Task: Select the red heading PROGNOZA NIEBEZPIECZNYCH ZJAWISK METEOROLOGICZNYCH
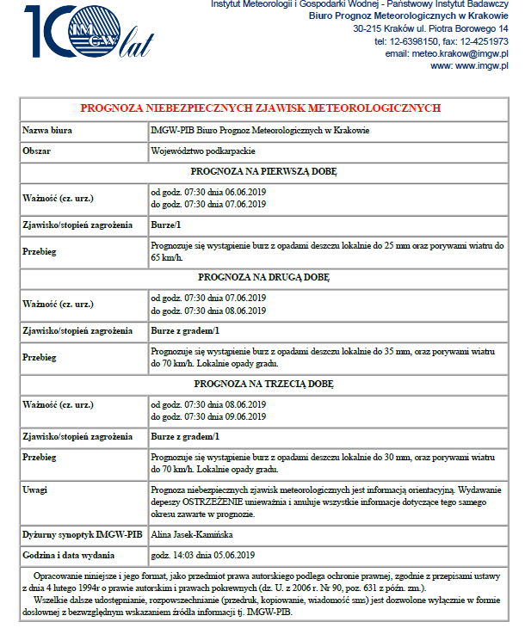point(261,108)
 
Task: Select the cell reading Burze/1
point(166,225)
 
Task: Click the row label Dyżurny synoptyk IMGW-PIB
point(72,534)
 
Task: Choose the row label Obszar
point(37,151)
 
